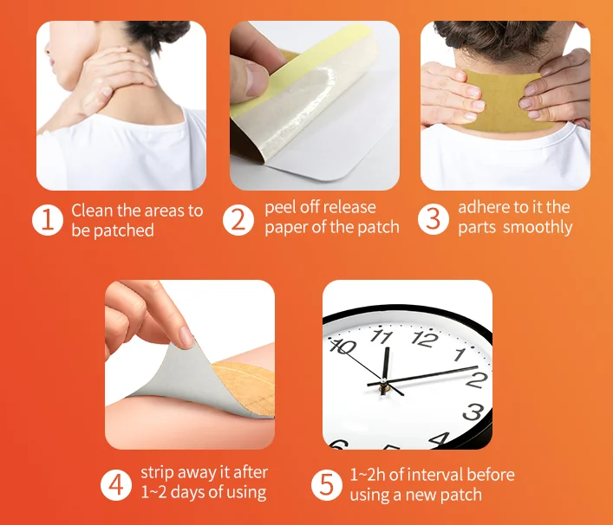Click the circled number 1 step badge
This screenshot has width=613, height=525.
[48, 220]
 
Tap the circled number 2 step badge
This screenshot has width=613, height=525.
[238, 220]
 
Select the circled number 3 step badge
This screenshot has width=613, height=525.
[434, 218]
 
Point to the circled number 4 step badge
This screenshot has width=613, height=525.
[116, 485]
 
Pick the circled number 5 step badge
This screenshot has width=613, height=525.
[327, 485]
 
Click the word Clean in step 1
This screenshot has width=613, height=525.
[92, 211]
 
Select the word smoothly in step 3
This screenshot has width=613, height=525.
[538, 227]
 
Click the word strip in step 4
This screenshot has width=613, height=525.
[157, 473]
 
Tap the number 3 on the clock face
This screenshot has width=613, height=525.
[473, 412]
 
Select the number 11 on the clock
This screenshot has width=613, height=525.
[381, 335]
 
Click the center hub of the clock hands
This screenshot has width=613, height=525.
[384, 380]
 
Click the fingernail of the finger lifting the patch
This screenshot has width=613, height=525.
[187, 337]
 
